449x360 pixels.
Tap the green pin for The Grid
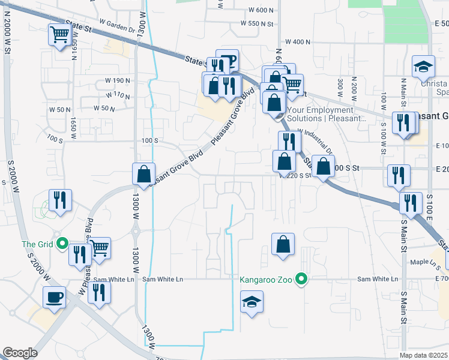click(x=62, y=244)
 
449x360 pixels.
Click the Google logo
click(x=20, y=353)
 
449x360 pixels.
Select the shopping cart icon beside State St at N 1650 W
click(x=59, y=35)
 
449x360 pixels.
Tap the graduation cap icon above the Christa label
click(x=423, y=66)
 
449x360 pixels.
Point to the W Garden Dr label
click(x=118, y=26)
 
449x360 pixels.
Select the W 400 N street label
click(x=298, y=42)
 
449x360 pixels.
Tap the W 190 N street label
click(x=118, y=80)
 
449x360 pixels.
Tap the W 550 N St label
click(x=256, y=23)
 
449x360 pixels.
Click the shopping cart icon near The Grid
click(x=99, y=247)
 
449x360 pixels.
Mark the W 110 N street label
click(x=118, y=95)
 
